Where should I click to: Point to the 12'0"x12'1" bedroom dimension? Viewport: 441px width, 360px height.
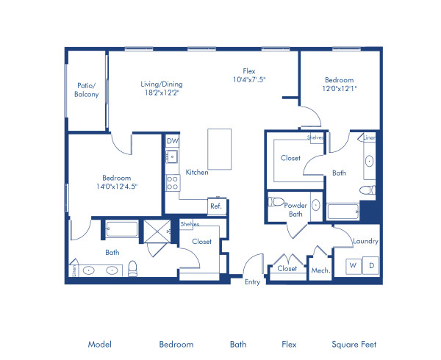pyautogui.click(x=339, y=89)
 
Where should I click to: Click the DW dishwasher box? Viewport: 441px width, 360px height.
pyautogui.click(x=173, y=141)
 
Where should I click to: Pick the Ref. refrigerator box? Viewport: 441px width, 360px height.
pyautogui.click(x=216, y=206)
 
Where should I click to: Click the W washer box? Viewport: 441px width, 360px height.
pyautogui.click(x=353, y=264)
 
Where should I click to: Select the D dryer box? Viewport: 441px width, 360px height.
pyautogui.click(x=371, y=264)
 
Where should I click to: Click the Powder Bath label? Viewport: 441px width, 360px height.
pyautogui.click(x=295, y=209)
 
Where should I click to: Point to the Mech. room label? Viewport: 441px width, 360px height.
pyautogui.click(x=320, y=270)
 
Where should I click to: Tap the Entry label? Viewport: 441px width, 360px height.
pyautogui.click(x=252, y=281)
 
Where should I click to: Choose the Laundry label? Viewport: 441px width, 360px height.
pyautogui.click(x=365, y=241)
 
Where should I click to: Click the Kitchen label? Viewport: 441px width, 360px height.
pyautogui.click(x=197, y=172)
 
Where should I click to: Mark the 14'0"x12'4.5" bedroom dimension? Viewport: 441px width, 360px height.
pyautogui.click(x=117, y=186)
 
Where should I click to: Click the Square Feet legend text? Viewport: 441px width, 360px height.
pyautogui.click(x=354, y=344)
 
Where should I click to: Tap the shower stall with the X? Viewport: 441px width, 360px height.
pyautogui.click(x=156, y=231)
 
